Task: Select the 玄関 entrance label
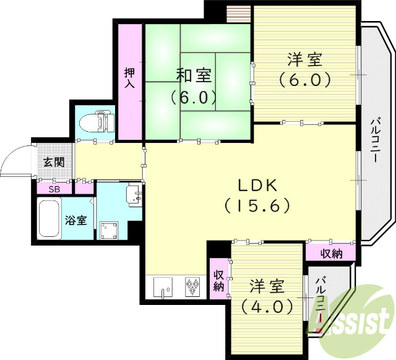click(54, 163)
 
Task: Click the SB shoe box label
click(54, 189)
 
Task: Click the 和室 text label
click(194, 76)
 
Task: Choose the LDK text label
click(257, 185)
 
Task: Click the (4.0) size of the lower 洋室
click(267, 306)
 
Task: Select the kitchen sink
click(163, 287)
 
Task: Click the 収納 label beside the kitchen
click(218, 281)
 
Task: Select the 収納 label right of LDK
click(331, 252)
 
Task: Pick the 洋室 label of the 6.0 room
click(304, 61)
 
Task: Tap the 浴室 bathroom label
click(75, 220)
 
